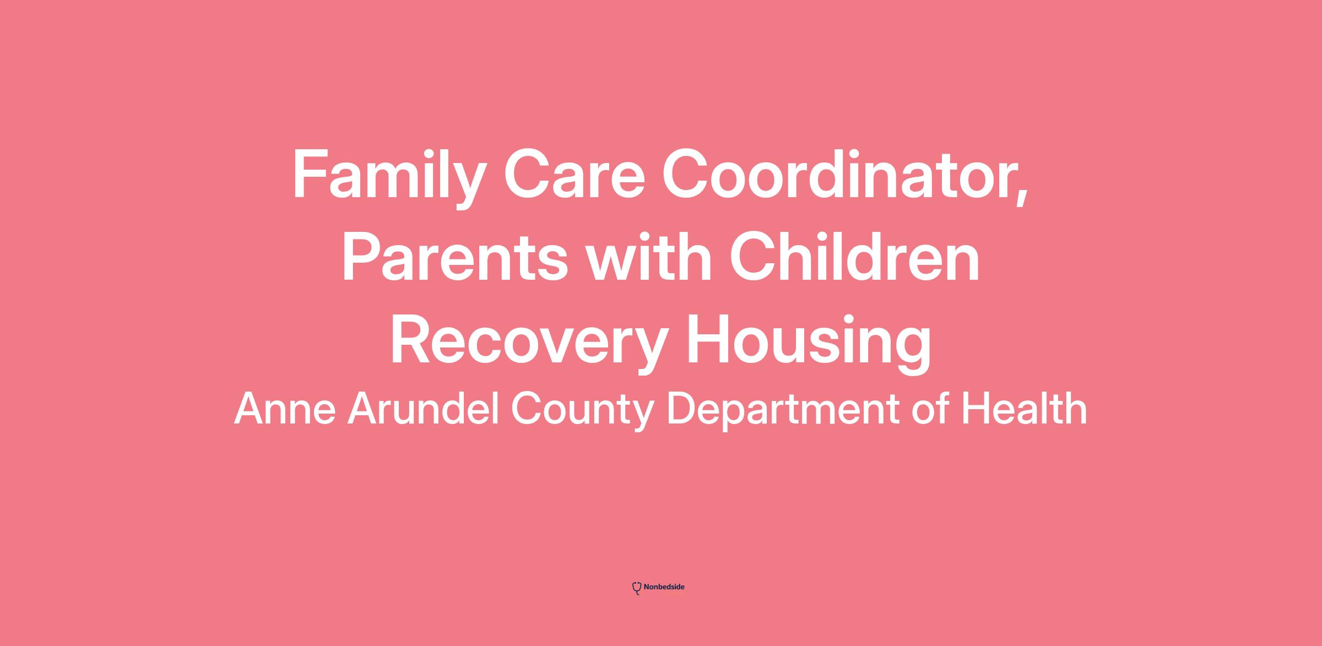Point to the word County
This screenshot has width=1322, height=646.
pyautogui.click(x=582, y=411)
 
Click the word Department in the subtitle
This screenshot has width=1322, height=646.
pyautogui.click(x=783, y=411)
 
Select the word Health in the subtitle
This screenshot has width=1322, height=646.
pyautogui.click(x=1025, y=408)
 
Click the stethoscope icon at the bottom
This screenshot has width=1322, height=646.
pyautogui.click(x=637, y=588)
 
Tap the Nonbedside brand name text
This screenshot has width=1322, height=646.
pyautogui.click(x=664, y=587)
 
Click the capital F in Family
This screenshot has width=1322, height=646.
pyautogui.click(x=310, y=174)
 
